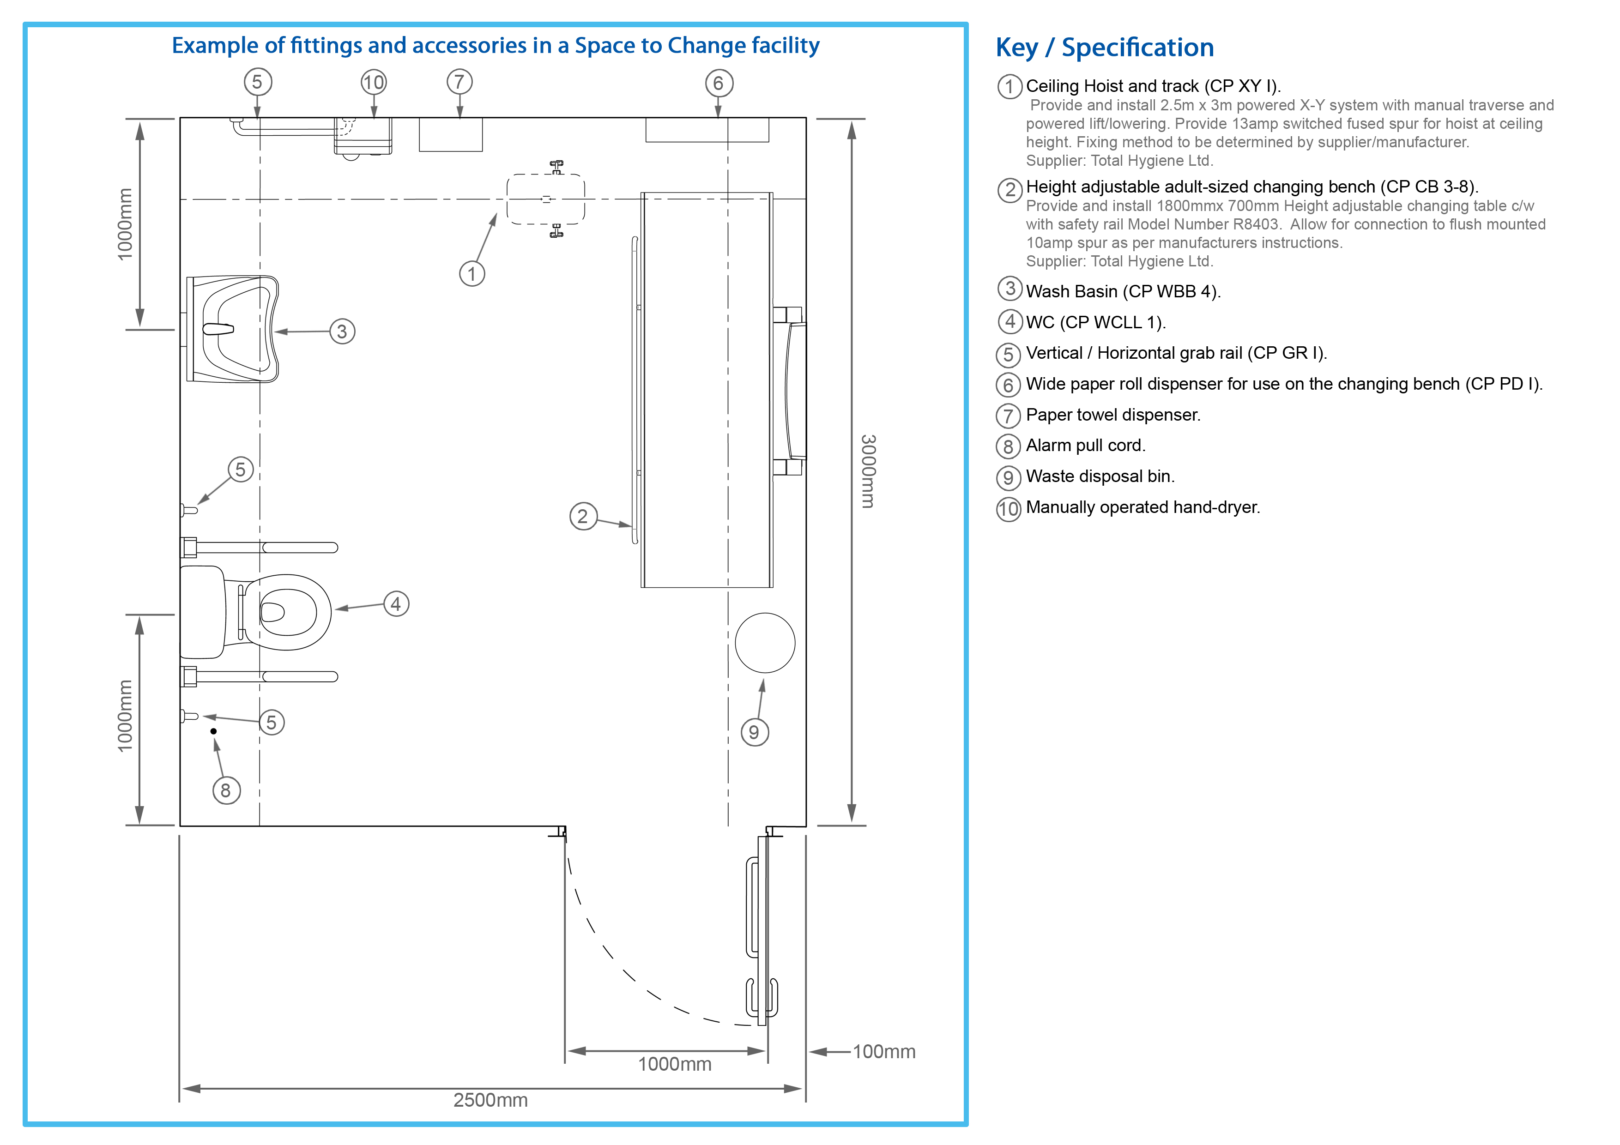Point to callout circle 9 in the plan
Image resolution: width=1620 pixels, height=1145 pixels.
pos(754,732)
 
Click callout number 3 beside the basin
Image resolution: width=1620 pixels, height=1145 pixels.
pos(342,331)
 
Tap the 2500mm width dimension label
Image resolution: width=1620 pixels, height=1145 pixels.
pos(490,1100)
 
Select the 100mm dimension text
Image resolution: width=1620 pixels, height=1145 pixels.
pos(884,1052)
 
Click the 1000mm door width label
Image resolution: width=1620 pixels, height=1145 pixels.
pos(675,1064)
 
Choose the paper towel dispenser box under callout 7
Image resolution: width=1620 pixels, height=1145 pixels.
pos(451,135)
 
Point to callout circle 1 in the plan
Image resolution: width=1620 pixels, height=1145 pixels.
pos(472,274)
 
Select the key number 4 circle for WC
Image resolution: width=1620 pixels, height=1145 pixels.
pos(1009,322)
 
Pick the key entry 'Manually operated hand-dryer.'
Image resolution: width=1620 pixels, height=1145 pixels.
pos(1143,507)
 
